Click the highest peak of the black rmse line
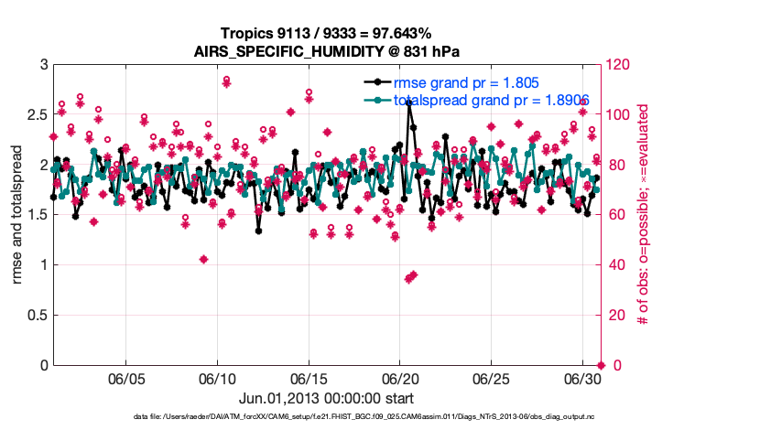tap(408, 102)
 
